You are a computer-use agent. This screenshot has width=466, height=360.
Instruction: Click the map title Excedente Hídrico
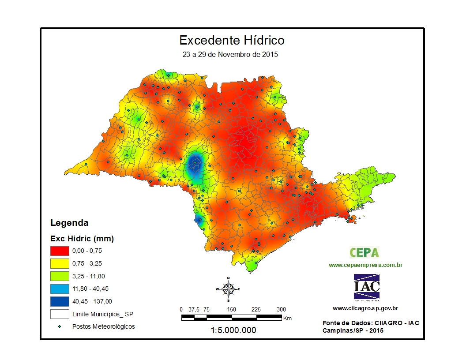(232, 41)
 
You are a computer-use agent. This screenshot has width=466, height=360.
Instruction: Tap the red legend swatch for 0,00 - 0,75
(60, 251)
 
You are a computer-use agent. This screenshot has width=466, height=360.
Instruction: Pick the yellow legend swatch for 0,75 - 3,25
(60, 263)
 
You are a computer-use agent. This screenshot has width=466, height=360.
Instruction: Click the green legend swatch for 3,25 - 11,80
(60, 276)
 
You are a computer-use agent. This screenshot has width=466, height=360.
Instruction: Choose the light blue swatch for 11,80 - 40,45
(60, 289)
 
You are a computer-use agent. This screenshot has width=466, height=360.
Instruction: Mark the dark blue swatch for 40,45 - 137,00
(60, 301)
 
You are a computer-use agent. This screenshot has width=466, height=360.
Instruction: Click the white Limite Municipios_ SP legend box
(60, 314)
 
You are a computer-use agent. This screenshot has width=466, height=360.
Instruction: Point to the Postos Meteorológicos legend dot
(60, 327)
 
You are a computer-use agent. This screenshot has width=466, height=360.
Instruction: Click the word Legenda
(69, 223)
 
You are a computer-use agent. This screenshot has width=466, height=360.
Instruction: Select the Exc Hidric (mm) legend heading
(82, 239)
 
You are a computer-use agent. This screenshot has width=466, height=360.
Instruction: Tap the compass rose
(228, 289)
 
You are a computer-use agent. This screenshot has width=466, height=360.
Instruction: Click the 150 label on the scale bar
(232, 309)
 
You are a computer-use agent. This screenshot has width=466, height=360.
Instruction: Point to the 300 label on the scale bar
(281, 309)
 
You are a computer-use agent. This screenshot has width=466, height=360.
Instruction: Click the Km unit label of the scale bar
(287, 318)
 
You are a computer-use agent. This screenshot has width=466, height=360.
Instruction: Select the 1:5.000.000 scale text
(233, 330)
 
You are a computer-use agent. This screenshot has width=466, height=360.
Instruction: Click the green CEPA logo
(365, 252)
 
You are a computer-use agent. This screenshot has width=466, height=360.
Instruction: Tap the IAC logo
(366, 287)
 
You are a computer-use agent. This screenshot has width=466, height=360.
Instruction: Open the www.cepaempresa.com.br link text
(365, 265)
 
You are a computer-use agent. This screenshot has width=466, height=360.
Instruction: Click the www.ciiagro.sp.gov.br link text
(365, 308)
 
